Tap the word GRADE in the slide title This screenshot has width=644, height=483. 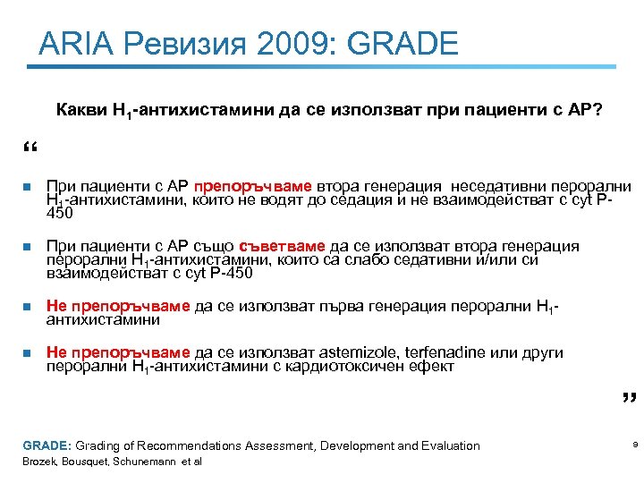pyautogui.click(x=403, y=43)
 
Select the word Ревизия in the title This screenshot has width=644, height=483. pyautogui.click(x=179, y=43)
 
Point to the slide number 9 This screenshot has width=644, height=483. pyautogui.click(x=633, y=445)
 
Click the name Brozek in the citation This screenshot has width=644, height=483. pyautogui.click(x=38, y=462)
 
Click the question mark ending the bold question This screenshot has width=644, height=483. pyautogui.click(x=597, y=110)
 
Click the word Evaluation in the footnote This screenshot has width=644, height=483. pyautogui.click(x=446, y=445)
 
